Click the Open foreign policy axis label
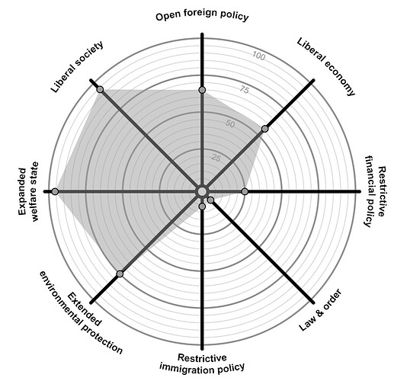[202, 17]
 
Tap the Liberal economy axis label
[326, 67]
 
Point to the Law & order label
[320, 309]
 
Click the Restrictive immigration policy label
[202, 363]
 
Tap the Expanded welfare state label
[28, 191]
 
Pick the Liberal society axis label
[77, 67]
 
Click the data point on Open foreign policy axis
[202, 90]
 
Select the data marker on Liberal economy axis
[264, 129]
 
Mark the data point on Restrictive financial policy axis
[245, 191]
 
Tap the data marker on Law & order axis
[210, 200]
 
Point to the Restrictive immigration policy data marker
[202, 207]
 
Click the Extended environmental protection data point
[120, 274]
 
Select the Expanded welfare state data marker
[55, 191]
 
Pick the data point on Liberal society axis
[100, 89]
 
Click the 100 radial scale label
[258, 56]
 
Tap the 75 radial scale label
[244, 90]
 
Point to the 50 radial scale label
[230, 123]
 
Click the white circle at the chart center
[202, 191]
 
